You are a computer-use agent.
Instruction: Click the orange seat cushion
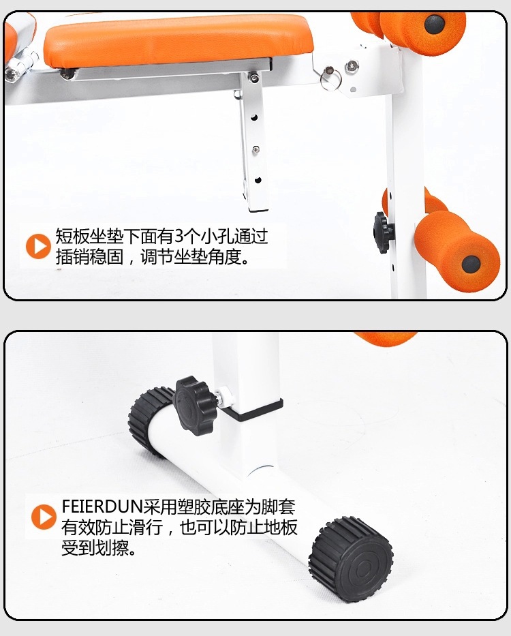click(179, 41)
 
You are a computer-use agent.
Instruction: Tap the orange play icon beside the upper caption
click(38, 246)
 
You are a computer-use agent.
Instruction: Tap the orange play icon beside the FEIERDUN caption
click(44, 517)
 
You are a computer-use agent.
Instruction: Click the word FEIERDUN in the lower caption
click(102, 506)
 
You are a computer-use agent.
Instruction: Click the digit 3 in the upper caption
click(179, 237)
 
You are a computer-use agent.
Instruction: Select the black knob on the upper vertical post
click(383, 232)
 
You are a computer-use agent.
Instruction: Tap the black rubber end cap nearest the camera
click(351, 560)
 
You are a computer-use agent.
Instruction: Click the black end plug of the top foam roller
click(435, 24)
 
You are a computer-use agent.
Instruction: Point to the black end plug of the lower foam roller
click(471, 264)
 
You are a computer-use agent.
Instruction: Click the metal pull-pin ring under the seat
click(328, 78)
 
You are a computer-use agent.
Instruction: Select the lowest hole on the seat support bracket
click(258, 180)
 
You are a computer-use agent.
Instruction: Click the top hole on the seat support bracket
click(254, 118)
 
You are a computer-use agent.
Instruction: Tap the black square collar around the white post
click(252, 410)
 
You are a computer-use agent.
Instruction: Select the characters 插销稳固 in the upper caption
click(89, 256)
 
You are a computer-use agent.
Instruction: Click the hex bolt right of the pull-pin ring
click(351, 66)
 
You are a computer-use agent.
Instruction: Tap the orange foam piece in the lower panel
click(385, 338)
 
